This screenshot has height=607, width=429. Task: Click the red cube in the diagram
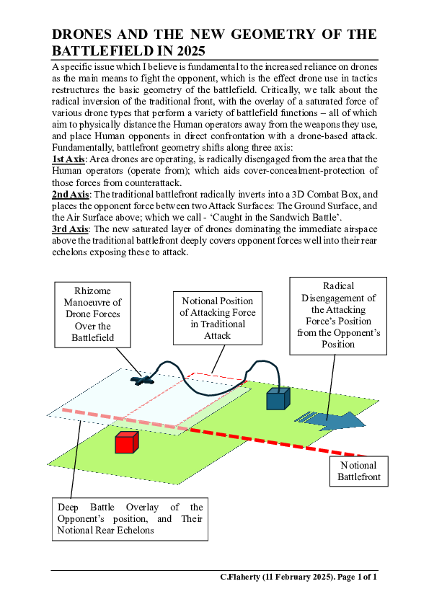[126, 443]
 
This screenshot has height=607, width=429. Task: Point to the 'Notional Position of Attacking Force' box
[217, 318]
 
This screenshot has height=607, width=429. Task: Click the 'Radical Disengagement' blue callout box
[338, 314]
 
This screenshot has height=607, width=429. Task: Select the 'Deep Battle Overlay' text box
[130, 518]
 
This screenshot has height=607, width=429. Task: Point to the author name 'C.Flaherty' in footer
[244, 577]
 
